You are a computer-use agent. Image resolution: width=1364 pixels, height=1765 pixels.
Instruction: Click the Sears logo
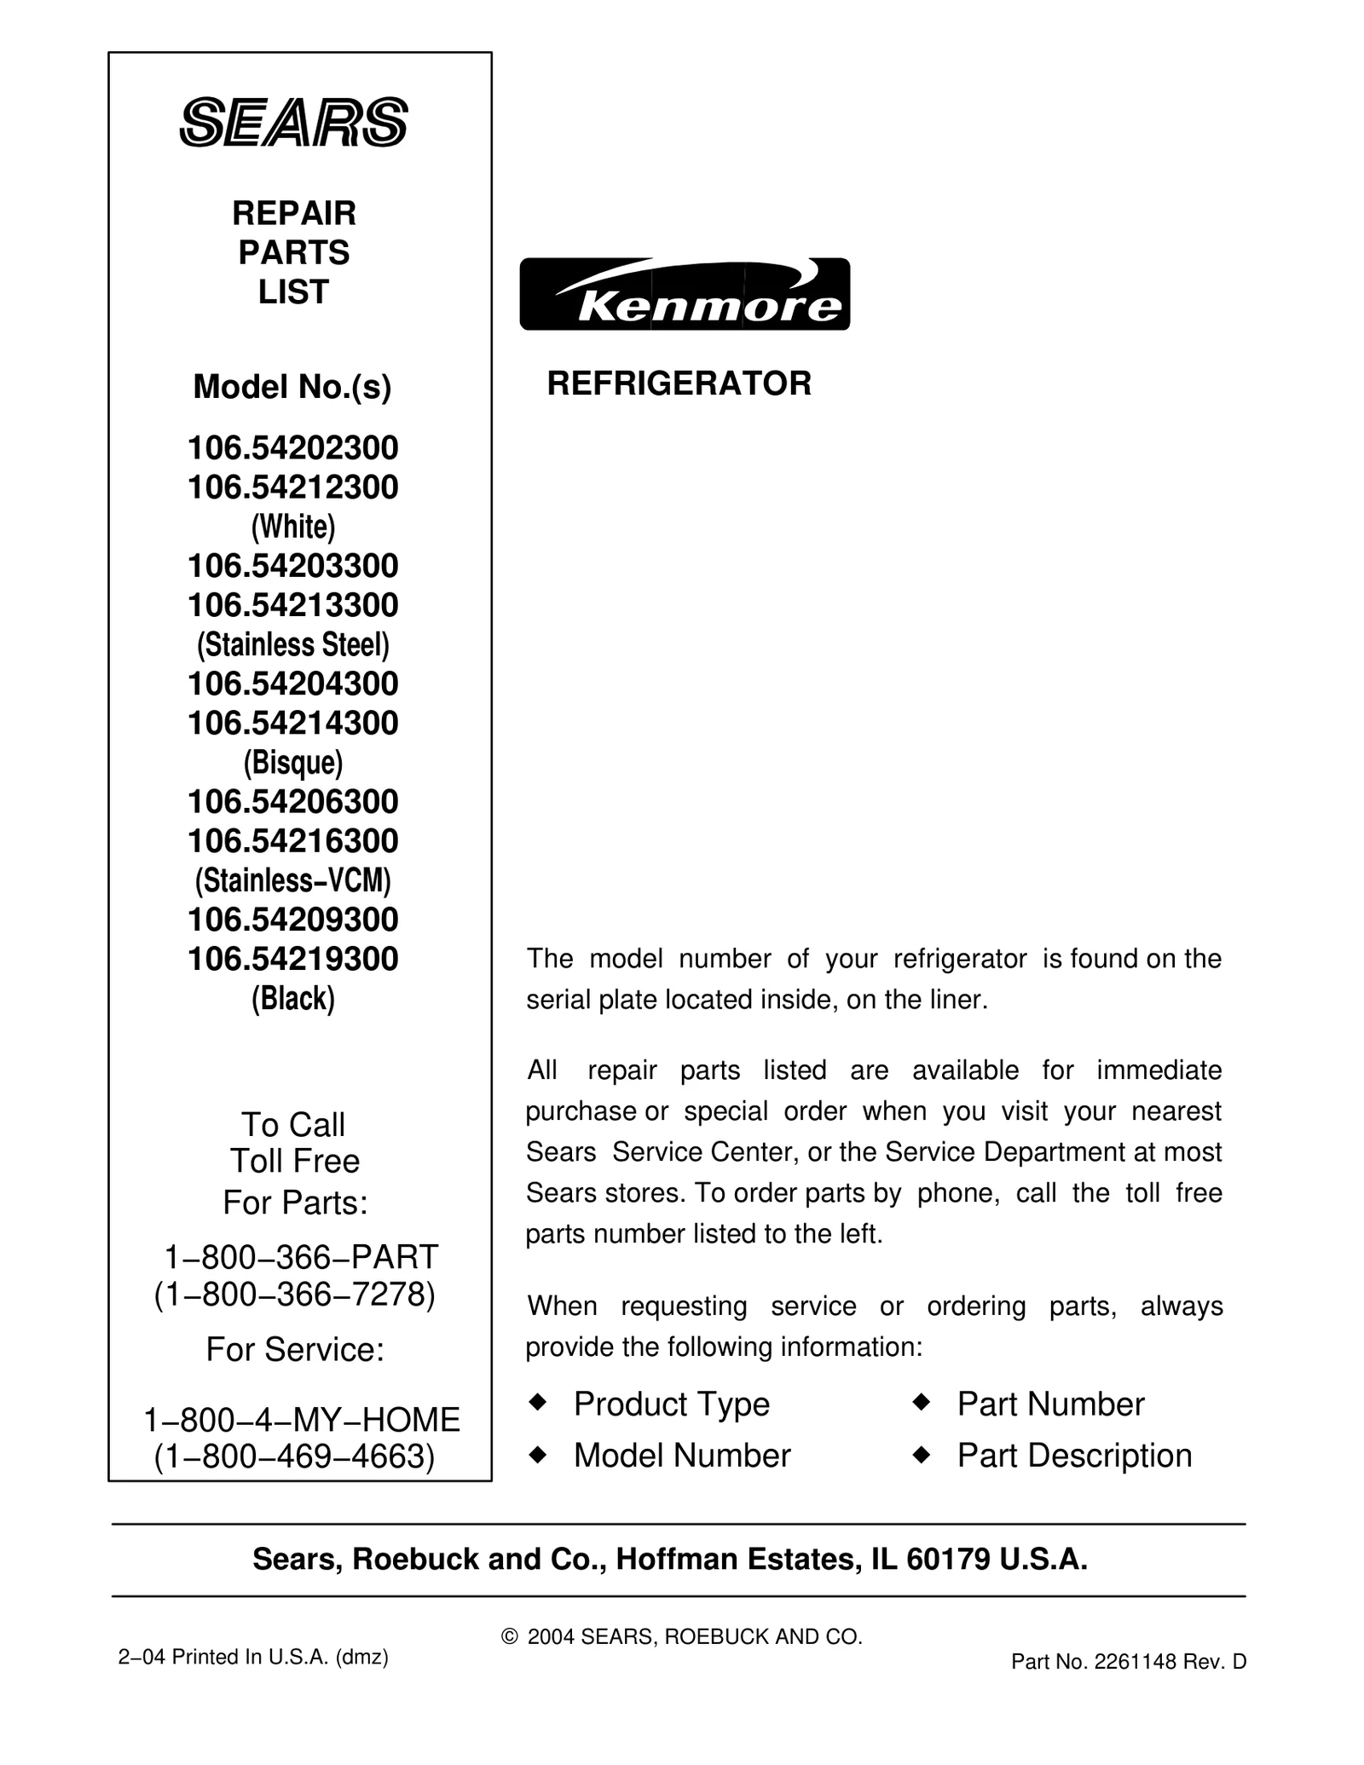click(293, 122)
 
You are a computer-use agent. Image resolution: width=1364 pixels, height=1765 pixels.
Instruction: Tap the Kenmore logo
click(685, 294)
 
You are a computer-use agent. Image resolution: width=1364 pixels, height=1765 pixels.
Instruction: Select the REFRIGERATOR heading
click(679, 384)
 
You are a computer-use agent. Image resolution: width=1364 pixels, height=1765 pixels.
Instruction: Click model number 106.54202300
click(292, 447)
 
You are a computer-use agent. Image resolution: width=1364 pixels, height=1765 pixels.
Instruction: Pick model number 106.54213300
click(292, 605)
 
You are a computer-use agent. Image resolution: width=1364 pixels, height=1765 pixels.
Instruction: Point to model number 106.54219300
click(292, 959)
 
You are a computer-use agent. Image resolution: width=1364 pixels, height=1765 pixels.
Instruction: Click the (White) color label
click(292, 527)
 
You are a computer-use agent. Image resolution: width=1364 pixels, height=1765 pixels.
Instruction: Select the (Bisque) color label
click(292, 762)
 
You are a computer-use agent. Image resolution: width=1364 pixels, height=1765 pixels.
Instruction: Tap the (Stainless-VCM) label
click(292, 880)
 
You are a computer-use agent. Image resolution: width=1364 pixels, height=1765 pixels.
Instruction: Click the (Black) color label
click(292, 998)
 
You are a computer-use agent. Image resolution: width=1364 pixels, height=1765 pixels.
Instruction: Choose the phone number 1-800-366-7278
click(294, 1294)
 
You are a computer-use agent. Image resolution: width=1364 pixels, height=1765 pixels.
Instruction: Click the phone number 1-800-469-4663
click(294, 1456)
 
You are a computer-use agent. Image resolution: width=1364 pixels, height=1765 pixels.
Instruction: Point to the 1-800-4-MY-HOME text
click(302, 1420)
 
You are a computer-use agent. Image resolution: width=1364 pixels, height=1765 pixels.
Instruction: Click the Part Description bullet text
click(1074, 1456)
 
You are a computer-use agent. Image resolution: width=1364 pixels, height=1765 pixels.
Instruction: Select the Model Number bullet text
click(682, 1456)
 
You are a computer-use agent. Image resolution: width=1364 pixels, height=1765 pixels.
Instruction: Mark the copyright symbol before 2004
click(510, 1636)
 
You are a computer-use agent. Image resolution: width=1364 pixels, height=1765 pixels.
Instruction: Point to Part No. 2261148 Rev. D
click(1129, 1661)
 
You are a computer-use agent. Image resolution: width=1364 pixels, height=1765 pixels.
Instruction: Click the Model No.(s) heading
click(292, 387)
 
